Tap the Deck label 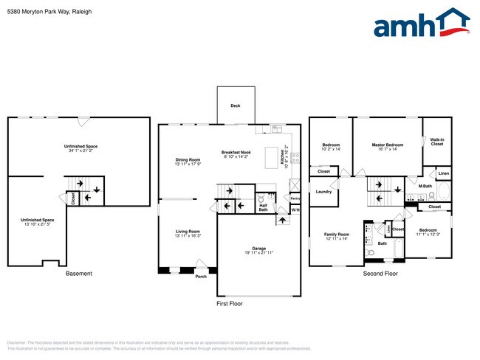click(x=235, y=105)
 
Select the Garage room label click(x=258, y=250)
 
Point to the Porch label click(x=201, y=277)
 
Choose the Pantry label click(x=295, y=198)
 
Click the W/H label click(x=295, y=210)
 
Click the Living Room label click(x=188, y=232)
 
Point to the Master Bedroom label click(x=387, y=145)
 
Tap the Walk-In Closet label click(x=437, y=142)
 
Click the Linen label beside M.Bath click(x=443, y=174)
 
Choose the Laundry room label click(x=323, y=192)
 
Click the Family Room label click(x=336, y=234)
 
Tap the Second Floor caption click(x=380, y=274)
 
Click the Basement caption click(x=79, y=274)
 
